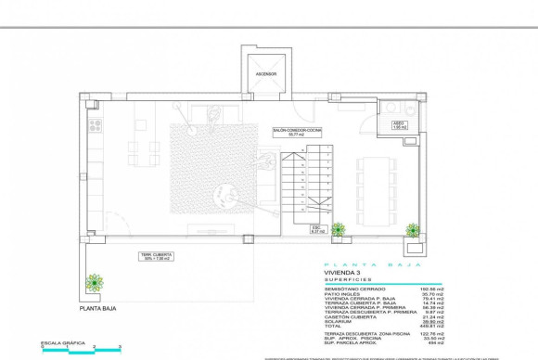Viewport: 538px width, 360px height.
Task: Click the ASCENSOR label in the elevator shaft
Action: (x=266, y=76)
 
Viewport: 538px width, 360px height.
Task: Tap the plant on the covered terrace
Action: (x=93, y=282)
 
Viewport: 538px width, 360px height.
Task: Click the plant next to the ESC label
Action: (x=338, y=228)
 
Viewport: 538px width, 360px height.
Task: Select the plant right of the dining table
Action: (x=412, y=228)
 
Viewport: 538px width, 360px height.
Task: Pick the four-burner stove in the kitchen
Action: (x=95, y=123)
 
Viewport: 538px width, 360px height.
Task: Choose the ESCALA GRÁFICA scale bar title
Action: (x=61, y=342)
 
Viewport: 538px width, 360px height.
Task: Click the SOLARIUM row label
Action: (x=339, y=321)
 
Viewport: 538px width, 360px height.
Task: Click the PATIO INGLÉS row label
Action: (x=341, y=293)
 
